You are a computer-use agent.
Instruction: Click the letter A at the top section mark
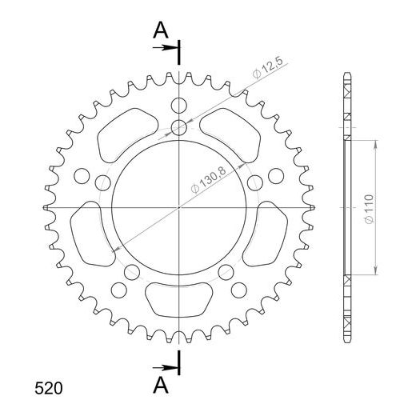[x=161, y=30]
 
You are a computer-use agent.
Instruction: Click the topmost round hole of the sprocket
[x=179, y=105]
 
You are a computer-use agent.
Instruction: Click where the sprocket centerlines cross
[x=179, y=208]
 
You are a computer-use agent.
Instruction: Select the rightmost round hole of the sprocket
[x=276, y=175]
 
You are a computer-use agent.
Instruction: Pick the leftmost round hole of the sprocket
[x=81, y=175]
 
